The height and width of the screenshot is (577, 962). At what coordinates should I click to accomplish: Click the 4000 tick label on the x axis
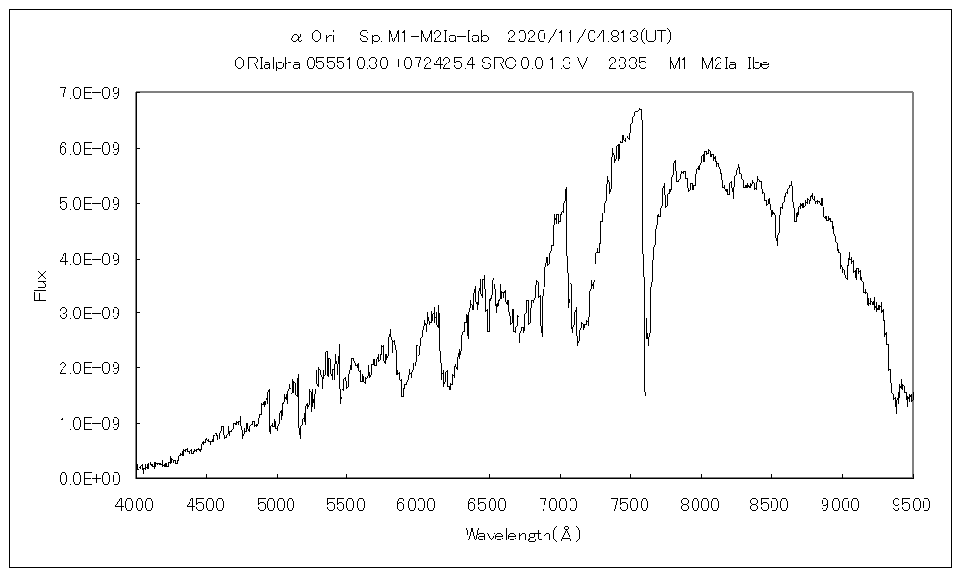(136, 503)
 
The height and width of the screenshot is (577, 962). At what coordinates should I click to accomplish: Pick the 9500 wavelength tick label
(913, 503)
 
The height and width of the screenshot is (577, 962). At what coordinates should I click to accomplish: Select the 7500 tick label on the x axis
(630, 503)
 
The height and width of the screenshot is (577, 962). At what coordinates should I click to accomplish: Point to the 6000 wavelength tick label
(418, 503)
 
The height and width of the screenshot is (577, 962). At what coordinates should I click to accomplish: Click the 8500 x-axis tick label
(772, 503)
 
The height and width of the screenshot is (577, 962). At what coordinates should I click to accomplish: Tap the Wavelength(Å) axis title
(523, 534)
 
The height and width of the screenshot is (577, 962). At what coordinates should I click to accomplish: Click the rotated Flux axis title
(40, 286)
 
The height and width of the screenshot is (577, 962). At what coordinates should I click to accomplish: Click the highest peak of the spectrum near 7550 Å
(639, 109)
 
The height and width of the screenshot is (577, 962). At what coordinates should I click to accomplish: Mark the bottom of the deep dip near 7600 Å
(645, 395)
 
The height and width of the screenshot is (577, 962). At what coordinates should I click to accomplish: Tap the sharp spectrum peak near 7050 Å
(566, 188)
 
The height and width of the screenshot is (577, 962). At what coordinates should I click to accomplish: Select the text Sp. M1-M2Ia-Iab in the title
(424, 37)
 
